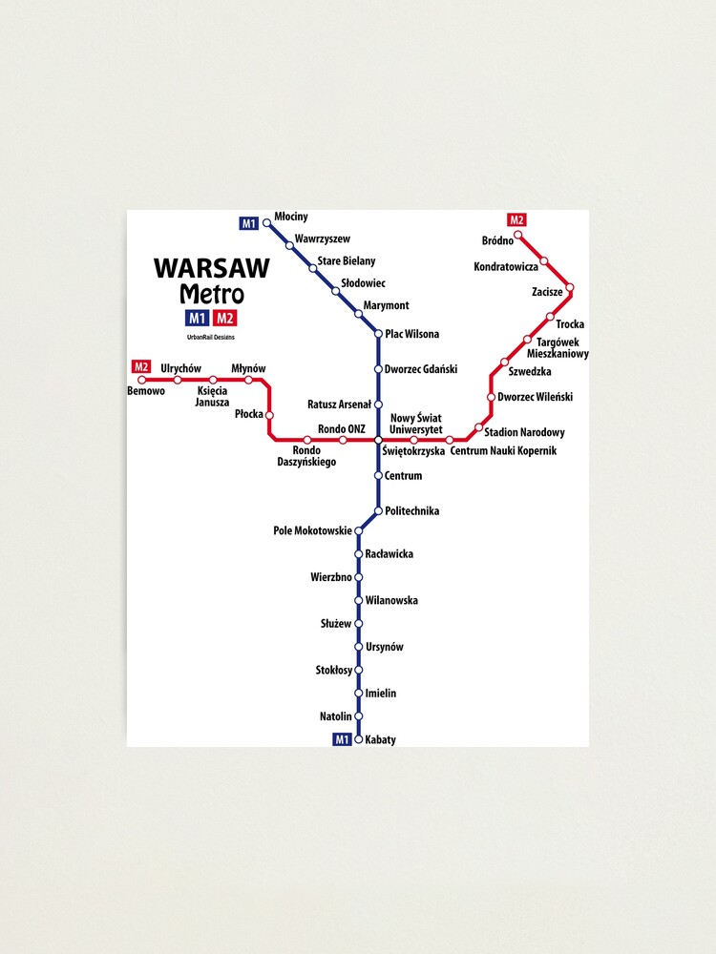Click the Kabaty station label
[x=380, y=740]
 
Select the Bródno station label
[x=497, y=240]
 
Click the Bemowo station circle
[x=142, y=380]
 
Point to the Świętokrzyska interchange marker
[x=379, y=440]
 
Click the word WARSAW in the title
[x=211, y=269]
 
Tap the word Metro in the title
[x=211, y=295]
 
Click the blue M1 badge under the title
[x=197, y=319]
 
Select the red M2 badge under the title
[x=225, y=319]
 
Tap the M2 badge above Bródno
[x=517, y=220]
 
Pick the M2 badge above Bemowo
[x=141, y=366]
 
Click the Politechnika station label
[x=411, y=511]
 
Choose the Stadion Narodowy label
[x=524, y=433]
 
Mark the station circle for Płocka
[x=269, y=415]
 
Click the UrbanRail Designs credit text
[x=211, y=337]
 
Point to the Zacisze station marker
[x=570, y=286]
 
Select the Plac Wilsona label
[x=411, y=334]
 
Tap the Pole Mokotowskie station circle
[x=359, y=530]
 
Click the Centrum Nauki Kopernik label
[x=502, y=450]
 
